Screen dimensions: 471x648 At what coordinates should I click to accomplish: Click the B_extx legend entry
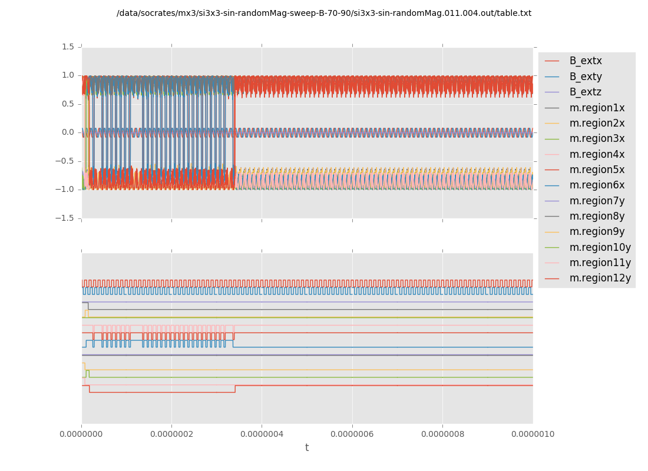pyautogui.click(x=586, y=61)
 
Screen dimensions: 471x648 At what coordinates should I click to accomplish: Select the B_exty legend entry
pyautogui.click(x=586, y=77)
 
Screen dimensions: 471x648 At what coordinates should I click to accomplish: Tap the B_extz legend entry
pyautogui.click(x=586, y=92)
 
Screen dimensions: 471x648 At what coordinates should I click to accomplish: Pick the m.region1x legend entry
pyautogui.click(x=597, y=108)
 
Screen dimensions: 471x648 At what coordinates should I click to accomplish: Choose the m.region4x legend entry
pyautogui.click(x=597, y=154)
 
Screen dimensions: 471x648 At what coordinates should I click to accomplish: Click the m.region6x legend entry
pyautogui.click(x=597, y=185)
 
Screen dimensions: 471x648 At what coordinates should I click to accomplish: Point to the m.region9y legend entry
pyautogui.click(x=597, y=231)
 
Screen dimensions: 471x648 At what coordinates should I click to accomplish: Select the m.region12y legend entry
pyautogui.click(x=600, y=278)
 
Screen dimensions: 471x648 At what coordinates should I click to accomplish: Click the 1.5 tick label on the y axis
pyautogui.click(x=69, y=47)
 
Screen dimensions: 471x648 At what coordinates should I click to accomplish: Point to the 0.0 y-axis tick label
pyautogui.click(x=69, y=132)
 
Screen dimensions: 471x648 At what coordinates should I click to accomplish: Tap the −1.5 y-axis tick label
pyautogui.click(x=67, y=218)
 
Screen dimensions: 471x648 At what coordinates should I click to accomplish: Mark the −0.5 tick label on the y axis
pyautogui.click(x=67, y=161)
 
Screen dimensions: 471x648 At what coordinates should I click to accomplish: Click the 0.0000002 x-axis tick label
pyautogui.click(x=171, y=434)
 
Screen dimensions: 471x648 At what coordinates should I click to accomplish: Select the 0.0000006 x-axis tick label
pyautogui.click(x=352, y=434)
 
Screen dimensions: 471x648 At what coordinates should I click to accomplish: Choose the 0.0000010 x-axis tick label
pyautogui.click(x=533, y=434)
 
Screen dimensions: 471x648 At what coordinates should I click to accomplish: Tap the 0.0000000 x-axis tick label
pyautogui.click(x=81, y=434)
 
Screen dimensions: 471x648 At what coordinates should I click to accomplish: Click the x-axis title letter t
pyautogui.click(x=307, y=448)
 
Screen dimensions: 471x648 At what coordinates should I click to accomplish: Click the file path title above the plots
pyautogui.click(x=324, y=13)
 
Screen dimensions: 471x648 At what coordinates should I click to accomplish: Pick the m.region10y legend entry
pyautogui.click(x=600, y=247)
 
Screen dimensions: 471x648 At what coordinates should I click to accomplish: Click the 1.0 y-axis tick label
pyautogui.click(x=69, y=75)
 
